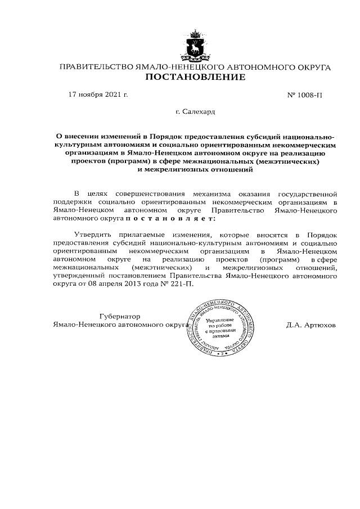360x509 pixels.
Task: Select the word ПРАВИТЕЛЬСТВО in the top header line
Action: [x=94, y=67]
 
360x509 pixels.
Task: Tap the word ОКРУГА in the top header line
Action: [x=312, y=67]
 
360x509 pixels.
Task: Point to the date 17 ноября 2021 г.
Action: [x=98, y=94]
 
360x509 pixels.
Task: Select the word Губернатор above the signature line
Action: [x=119, y=316]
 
